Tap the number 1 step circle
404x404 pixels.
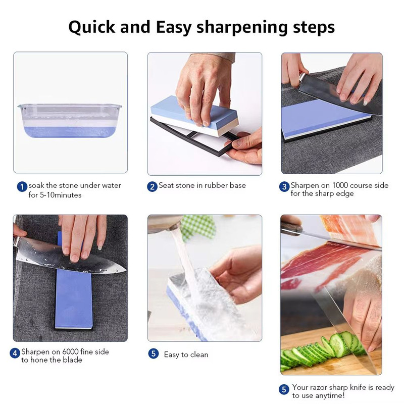[22, 187]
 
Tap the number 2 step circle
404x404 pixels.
[153, 187]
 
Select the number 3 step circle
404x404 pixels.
[284, 187]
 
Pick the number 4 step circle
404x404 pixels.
[15, 353]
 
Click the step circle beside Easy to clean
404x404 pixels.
[154, 353]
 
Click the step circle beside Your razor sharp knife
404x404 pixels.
[284, 389]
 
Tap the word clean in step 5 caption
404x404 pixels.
[199, 355]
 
